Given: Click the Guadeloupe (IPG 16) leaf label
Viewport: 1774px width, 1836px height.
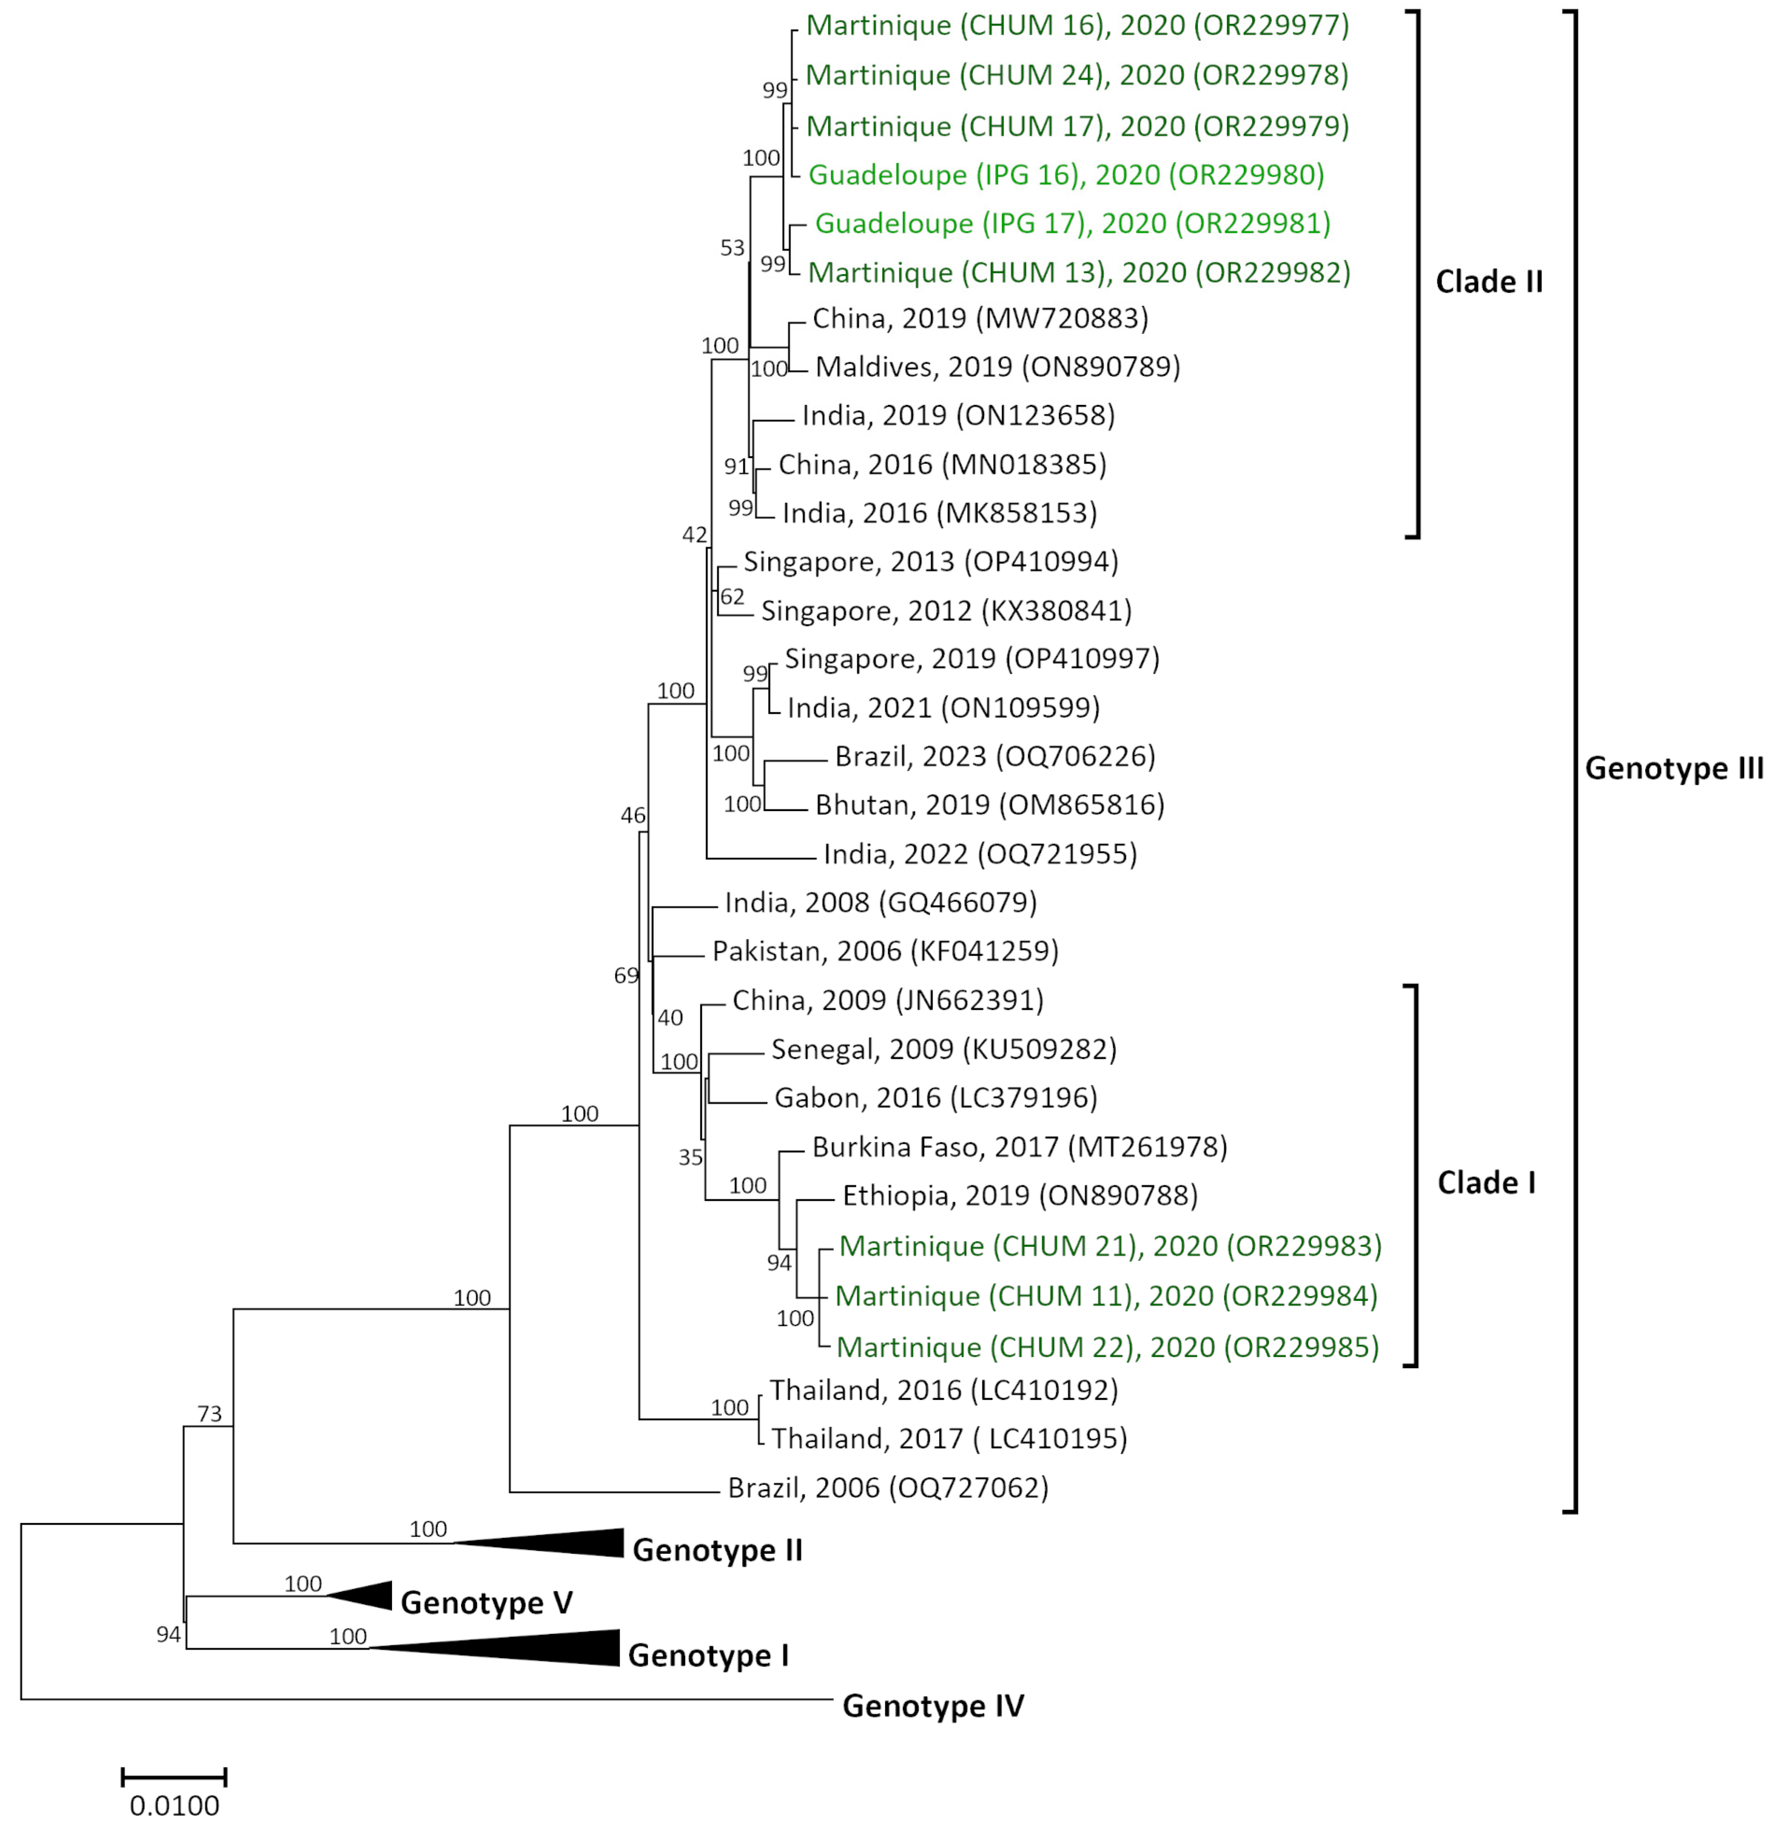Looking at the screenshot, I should [x=1066, y=175].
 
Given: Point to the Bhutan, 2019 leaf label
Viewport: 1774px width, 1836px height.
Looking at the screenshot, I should [x=989, y=805].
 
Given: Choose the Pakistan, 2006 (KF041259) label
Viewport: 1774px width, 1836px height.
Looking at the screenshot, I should [x=884, y=952].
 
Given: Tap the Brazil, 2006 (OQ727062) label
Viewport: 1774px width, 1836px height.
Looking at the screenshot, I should [x=888, y=1488].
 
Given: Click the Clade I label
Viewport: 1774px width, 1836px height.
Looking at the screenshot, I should [x=1487, y=1183].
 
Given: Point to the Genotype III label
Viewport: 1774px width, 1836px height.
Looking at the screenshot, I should [x=1674, y=768].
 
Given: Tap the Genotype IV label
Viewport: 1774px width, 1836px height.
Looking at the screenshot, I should [x=933, y=1706].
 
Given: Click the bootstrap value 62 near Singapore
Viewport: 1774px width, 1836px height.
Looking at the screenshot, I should [x=732, y=597].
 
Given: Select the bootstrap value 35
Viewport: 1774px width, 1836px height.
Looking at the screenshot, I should [x=691, y=1158].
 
